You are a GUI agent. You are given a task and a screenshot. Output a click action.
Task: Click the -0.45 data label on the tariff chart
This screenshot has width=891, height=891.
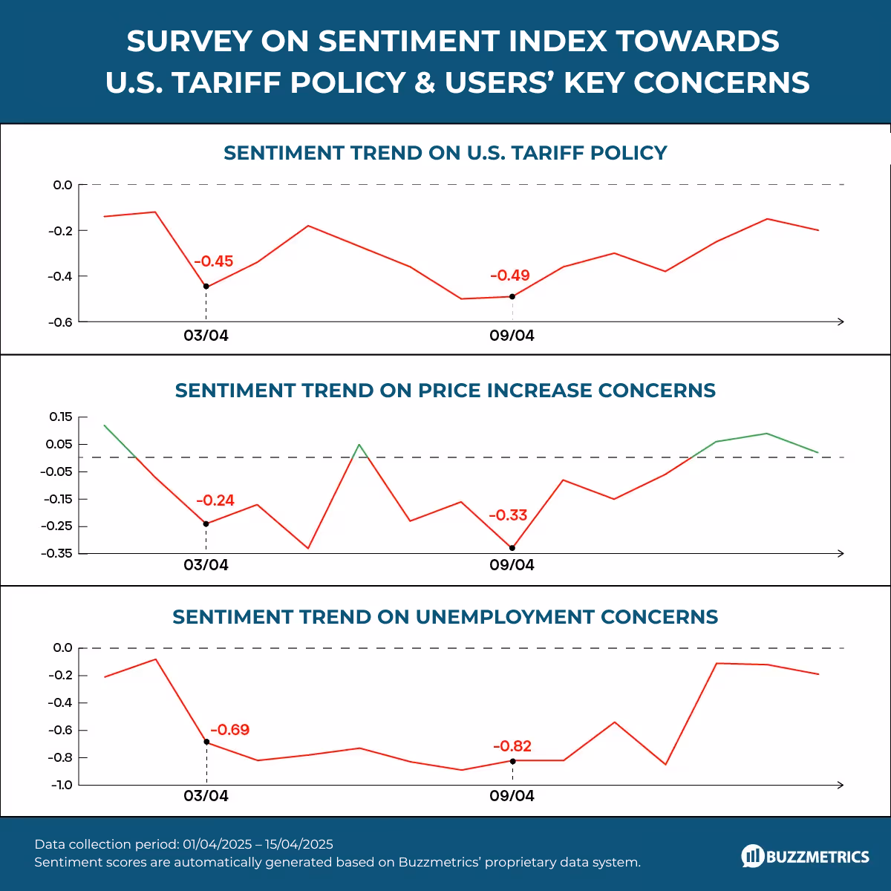tap(214, 261)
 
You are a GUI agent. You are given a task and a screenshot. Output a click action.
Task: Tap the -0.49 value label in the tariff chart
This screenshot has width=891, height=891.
tap(510, 275)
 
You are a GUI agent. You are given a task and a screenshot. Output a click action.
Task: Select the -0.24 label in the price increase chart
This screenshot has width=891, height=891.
tap(215, 500)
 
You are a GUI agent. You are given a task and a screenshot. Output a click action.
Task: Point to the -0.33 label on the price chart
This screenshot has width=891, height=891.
tap(508, 515)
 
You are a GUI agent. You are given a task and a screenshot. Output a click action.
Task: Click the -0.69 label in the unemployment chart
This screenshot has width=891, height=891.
tap(230, 730)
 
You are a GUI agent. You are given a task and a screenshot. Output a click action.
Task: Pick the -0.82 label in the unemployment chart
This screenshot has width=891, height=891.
tap(512, 746)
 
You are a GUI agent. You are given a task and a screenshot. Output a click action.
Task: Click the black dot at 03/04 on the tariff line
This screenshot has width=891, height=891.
tap(206, 287)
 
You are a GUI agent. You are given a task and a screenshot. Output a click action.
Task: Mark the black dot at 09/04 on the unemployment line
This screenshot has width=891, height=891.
tap(512, 761)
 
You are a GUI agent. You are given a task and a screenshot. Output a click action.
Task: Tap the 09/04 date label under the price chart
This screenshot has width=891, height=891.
tap(512, 565)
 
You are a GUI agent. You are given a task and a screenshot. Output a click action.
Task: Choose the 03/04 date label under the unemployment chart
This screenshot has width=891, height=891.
tap(206, 796)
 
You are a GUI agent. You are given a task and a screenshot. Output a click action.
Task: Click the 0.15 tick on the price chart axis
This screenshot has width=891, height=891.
tap(61, 417)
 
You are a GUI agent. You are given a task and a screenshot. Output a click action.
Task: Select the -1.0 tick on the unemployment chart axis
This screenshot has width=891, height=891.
tap(62, 785)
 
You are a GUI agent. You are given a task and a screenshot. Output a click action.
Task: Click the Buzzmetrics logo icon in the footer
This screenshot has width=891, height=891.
tap(752, 856)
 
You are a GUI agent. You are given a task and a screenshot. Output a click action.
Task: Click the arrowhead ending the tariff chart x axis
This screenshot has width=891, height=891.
tap(841, 322)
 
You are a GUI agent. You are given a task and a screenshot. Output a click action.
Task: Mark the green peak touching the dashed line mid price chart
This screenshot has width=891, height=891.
tap(359, 445)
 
